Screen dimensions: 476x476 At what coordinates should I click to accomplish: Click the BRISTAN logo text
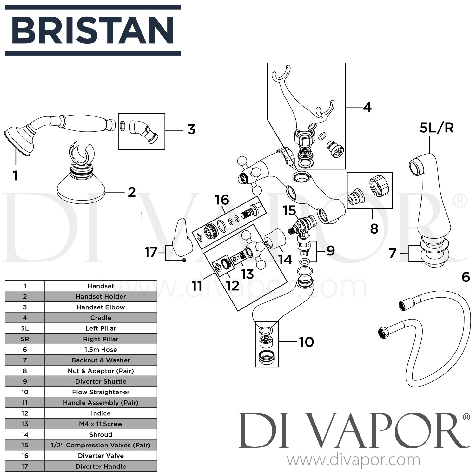point(93,30)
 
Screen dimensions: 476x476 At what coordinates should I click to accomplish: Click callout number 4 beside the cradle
point(367,108)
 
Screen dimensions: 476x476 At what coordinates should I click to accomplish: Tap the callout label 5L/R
point(436,128)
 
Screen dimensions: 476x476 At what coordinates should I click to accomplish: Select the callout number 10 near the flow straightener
point(306,342)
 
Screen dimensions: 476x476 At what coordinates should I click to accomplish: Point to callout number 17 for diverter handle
point(151,252)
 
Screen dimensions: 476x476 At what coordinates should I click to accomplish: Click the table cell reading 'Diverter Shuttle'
point(101,381)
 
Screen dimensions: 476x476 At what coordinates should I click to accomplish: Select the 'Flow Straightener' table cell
point(101,392)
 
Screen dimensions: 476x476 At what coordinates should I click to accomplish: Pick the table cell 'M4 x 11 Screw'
point(101,424)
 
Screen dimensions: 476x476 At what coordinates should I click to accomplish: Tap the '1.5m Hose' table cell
point(101,350)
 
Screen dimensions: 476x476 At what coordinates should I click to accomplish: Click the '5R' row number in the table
point(25,339)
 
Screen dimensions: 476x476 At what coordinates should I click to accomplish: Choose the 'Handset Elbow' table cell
point(101,307)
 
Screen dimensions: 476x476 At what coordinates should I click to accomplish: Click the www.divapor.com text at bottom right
point(354,459)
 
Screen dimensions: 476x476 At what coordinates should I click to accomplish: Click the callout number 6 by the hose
point(466,277)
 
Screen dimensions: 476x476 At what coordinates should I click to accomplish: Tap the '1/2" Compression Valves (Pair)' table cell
point(101,445)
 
